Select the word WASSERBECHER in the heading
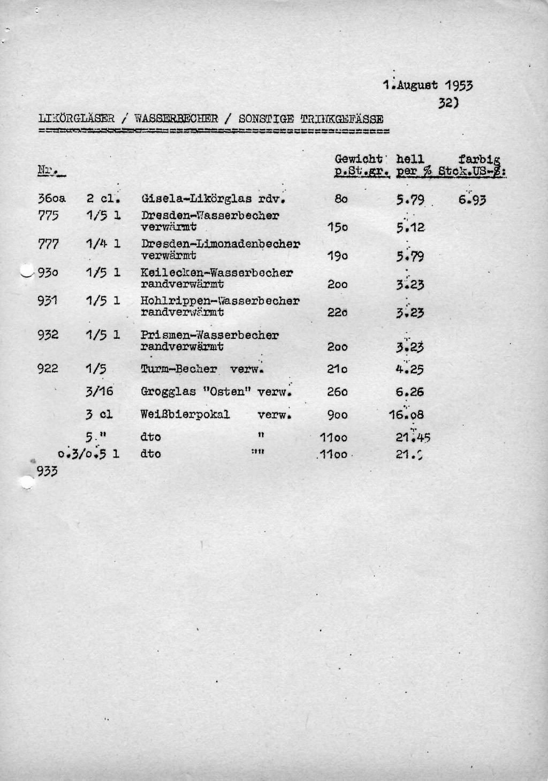[176, 119]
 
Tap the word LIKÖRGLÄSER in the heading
[77, 119]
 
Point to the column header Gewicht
[359, 159]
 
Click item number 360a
[51, 199]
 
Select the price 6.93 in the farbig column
[472, 200]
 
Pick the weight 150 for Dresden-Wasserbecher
[338, 228]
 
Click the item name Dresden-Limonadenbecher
[220, 244]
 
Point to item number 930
[48, 272]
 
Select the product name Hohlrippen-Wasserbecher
[220, 301]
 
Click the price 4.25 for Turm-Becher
[410, 369]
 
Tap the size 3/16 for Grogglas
[100, 391]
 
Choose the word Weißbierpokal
[185, 414]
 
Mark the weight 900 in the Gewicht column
[337, 415]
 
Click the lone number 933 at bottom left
[47, 471]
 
